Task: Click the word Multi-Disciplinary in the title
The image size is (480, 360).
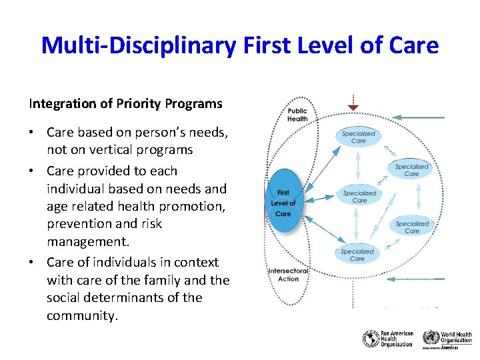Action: click(x=137, y=45)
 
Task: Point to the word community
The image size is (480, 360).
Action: click(x=81, y=316)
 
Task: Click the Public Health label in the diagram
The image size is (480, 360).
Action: click(x=297, y=115)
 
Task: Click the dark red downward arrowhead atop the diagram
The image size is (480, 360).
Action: click(x=353, y=107)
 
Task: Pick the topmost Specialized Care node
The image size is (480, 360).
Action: click(x=359, y=137)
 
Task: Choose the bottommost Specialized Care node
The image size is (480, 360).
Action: click(x=357, y=255)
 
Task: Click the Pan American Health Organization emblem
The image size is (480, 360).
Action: click(x=370, y=339)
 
